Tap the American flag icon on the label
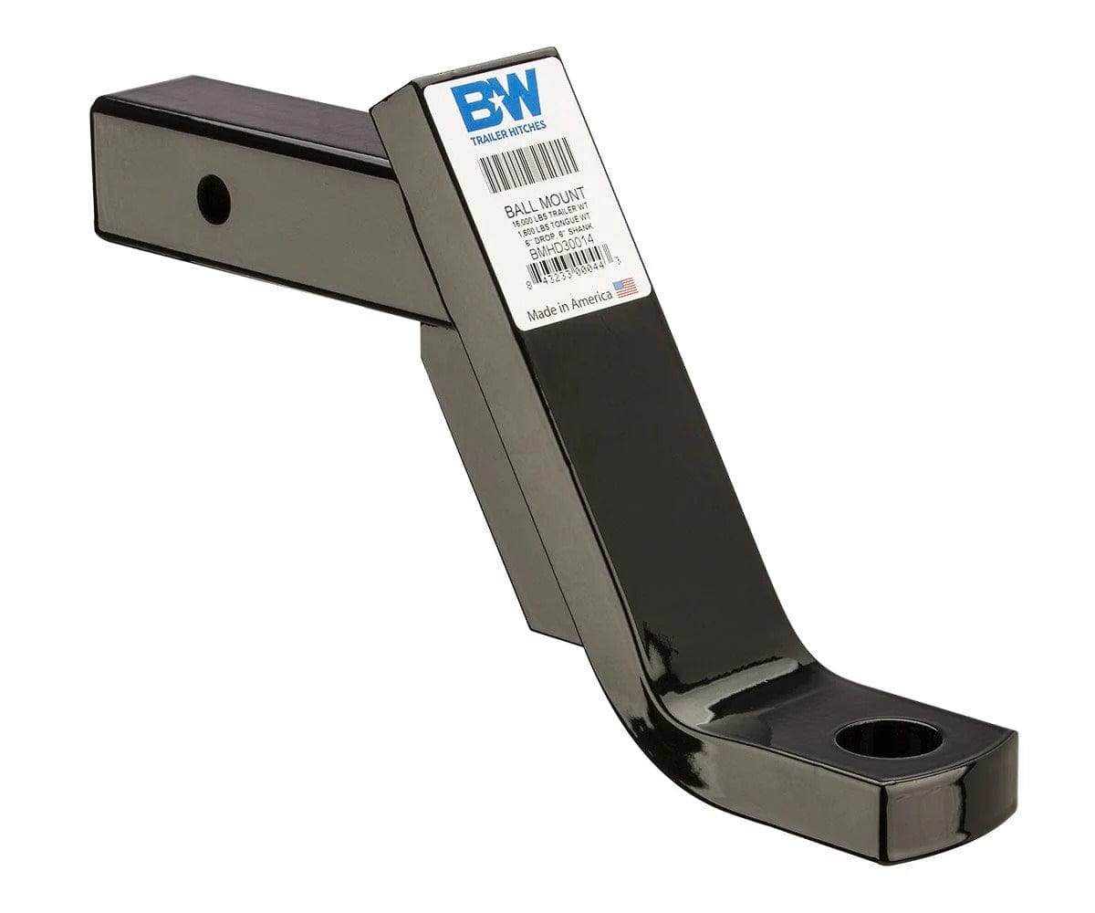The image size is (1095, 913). click(x=625, y=289)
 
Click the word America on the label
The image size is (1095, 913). click(x=592, y=300)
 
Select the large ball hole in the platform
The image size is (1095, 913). click(x=888, y=738)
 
